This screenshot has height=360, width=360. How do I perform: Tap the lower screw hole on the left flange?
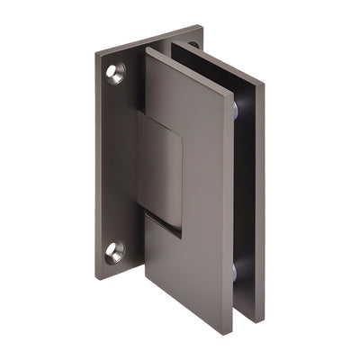pyautogui.click(x=114, y=252)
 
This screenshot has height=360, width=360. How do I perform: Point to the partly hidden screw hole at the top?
pyautogui.click(x=192, y=44)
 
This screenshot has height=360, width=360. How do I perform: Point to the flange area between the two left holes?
pyautogui.click(x=112, y=162)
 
